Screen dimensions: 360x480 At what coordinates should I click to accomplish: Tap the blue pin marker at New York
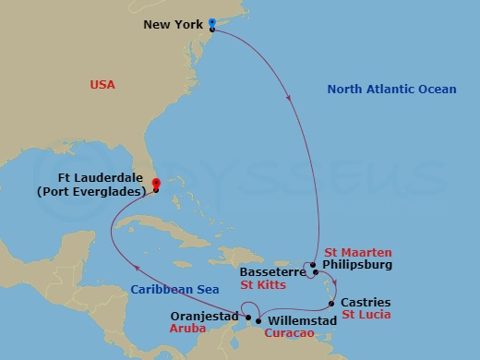(x=212, y=23)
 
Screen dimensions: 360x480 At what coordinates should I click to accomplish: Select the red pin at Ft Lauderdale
(x=156, y=184)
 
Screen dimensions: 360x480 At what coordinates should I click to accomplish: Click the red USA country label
(x=102, y=85)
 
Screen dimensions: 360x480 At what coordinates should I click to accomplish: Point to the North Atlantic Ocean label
(x=392, y=90)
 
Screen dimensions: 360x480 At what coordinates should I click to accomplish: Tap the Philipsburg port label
(x=357, y=265)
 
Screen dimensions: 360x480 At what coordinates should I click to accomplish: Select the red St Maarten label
(x=358, y=252)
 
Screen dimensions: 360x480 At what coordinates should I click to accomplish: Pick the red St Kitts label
(x=261, y=285)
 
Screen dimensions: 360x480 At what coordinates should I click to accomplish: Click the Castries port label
(x=366, y=302)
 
